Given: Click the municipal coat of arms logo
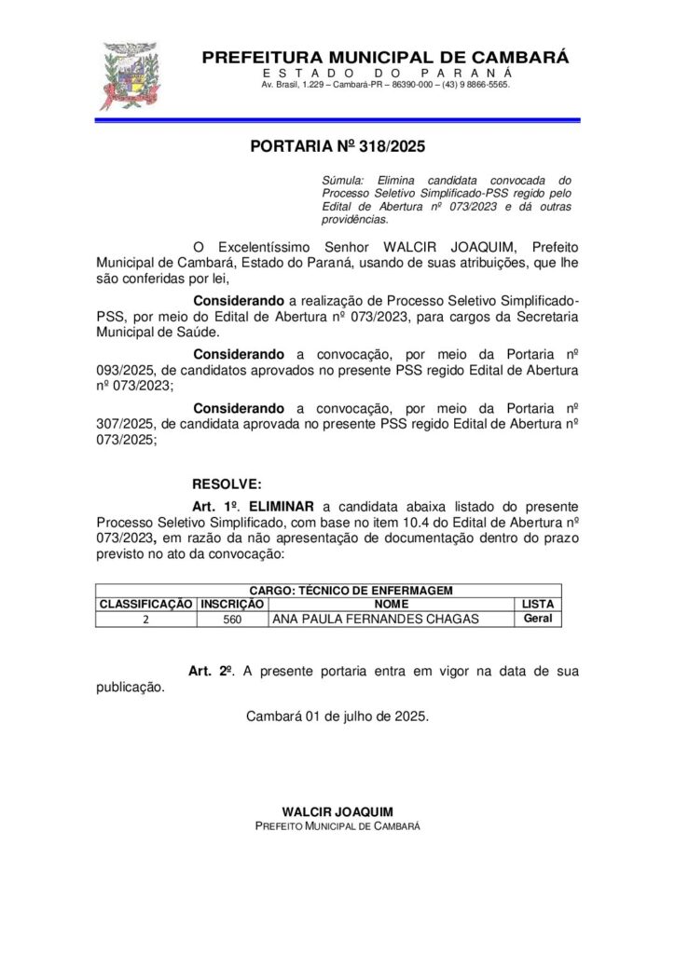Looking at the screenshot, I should click(127, 76).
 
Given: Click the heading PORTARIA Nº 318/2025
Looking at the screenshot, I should click(337, 146).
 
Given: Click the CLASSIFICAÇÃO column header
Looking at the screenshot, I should click(145, 604).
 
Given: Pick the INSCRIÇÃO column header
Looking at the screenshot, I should click(232, 604).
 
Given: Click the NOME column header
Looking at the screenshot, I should click(391, 604).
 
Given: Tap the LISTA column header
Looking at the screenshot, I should click(538, 604).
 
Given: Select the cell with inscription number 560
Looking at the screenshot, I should click(232, 619).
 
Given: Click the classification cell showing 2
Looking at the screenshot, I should click(145, 619).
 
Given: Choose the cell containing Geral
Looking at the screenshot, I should click(538, 618).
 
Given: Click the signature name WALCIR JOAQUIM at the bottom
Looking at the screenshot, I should click(337, 811).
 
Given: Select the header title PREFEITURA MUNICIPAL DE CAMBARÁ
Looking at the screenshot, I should click(385, 58).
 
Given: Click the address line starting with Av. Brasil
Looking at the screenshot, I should click(385, 85).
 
